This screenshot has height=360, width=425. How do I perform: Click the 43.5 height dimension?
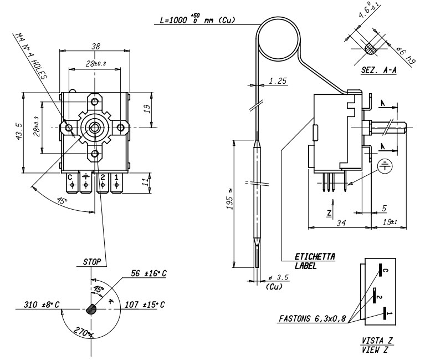click(19, 133)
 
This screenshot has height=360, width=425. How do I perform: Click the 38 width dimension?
click(95, 47)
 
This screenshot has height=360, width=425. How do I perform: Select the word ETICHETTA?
click(315, 257)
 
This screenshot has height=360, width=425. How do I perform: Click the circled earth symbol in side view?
click(383, 165)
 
